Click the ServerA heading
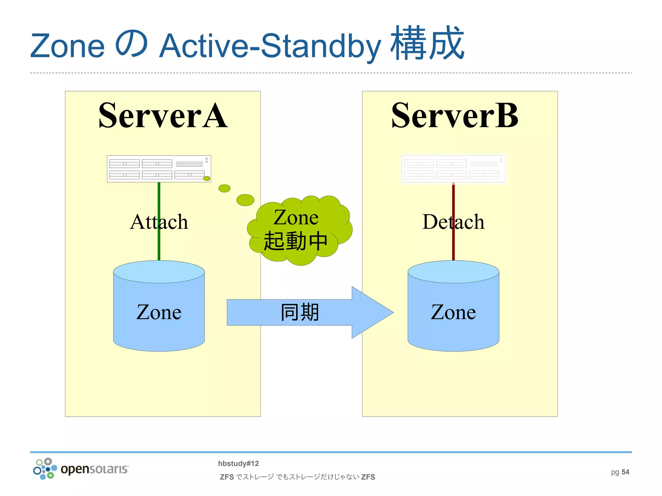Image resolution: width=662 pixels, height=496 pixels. [163, 116]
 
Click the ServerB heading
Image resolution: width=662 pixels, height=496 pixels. [454, 116]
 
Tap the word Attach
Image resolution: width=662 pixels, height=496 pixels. [159, 222]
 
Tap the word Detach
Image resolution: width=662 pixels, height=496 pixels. [453, 222]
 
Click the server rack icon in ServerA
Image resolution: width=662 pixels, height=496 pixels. [159, 169]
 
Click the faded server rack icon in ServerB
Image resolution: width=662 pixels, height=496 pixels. [453, 169]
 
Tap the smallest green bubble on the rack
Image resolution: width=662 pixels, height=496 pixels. [207, 179]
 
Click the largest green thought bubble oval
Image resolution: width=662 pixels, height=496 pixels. [245, 200]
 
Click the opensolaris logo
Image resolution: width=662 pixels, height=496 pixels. [81, 469]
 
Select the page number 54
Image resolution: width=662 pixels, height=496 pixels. [625, 472]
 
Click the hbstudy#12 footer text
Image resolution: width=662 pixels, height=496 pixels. [238, 463]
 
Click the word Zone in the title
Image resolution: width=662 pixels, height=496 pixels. [68, 46]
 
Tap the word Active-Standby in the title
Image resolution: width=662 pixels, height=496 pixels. [270, 46]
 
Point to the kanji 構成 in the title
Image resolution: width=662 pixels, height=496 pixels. [427, 44]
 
